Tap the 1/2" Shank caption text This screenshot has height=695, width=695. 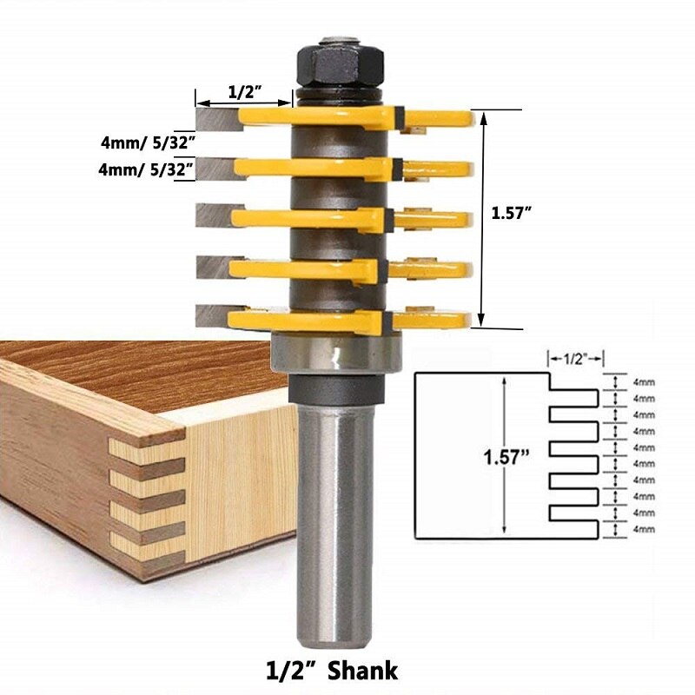tap(331, 670)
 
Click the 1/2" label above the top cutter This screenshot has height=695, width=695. tap(244, 91)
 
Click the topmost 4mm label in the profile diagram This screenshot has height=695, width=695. tap(645, 381)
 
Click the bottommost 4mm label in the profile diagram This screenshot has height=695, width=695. tap(645, 529)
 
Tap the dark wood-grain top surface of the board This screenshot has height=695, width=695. tap(130, 365)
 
